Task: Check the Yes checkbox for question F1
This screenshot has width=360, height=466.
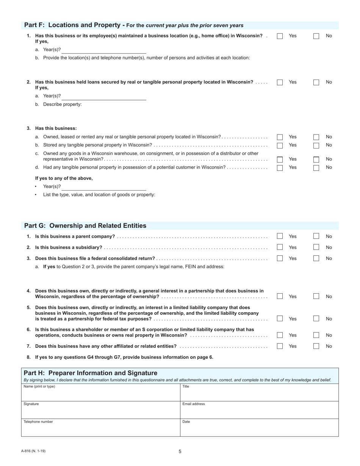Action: [x=280, y=36]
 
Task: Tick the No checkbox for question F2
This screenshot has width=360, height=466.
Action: [x=316, y=82]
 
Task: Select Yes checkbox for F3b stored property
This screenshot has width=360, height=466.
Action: [x=280, y=145]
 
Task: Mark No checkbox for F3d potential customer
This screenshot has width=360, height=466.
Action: [x=316, y=168]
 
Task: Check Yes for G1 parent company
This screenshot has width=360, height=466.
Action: [x=280, y=236]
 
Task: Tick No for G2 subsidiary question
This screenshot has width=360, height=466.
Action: [x=316, y=247]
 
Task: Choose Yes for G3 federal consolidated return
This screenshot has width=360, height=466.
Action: [x=280, y=258]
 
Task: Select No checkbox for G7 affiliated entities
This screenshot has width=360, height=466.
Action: [x=316, y=346]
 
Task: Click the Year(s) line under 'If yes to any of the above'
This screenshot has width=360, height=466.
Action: [x=104, y=187]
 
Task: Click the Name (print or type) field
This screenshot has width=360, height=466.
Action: [x=100, y=394]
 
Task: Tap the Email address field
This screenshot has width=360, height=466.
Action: [x=259, y=411]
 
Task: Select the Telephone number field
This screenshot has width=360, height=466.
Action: [x=100, y=429]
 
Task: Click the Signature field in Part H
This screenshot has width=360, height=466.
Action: [x=100, y=411]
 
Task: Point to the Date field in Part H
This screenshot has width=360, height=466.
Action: [x=259, y=429]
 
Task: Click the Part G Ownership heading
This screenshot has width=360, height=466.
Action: [x=85, y=226]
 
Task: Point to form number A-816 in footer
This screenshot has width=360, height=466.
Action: [x=33, y=451]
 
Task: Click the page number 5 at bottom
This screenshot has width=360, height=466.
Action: [x=180, y=451]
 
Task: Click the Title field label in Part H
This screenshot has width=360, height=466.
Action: [x=186, y=386]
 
